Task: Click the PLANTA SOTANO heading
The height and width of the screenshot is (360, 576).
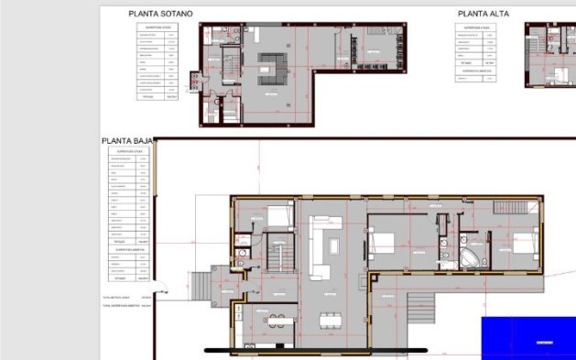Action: (160, 14)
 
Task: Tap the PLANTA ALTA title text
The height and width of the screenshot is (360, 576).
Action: (483, 14)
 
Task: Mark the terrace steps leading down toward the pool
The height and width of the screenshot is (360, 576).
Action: (423, 301)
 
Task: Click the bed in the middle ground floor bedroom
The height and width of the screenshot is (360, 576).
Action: (382, 242)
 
